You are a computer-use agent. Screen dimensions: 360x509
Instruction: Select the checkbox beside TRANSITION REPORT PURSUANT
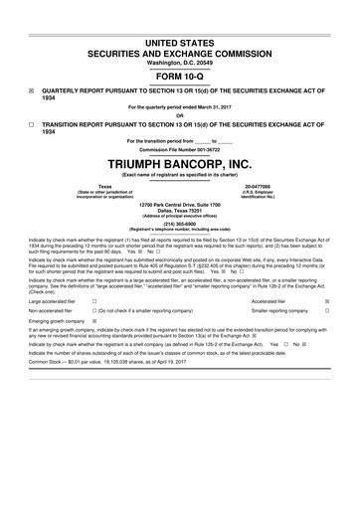[32, 124]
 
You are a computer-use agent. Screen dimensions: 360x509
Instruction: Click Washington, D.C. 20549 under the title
[180, 61]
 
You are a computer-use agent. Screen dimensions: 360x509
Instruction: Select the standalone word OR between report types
[180, 114]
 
